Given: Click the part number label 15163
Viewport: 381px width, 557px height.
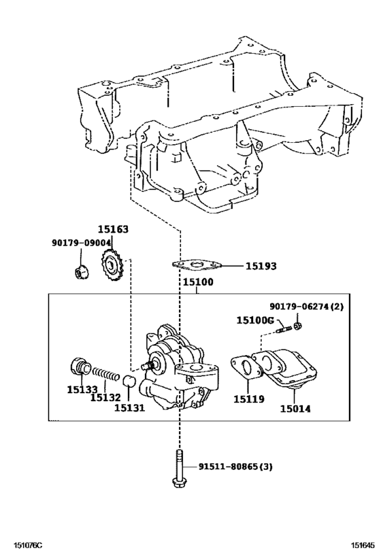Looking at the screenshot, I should (x=112, y=231).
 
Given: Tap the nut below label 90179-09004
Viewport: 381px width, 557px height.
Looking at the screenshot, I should (x=80, y=271).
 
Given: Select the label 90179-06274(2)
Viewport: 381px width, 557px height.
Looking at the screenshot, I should (x=306, y=307).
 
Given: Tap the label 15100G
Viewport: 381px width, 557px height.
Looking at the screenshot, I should (x=255, y=320).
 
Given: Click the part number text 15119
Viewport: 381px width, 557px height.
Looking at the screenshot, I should (x=249, y=399).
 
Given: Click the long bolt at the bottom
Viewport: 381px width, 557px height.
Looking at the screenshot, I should (x=179, y=469).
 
